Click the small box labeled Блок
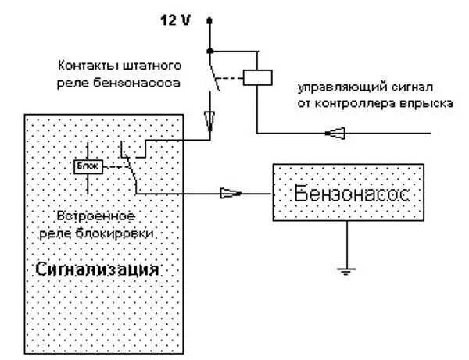(x=84, y=166)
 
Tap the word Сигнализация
(x=98, y=269)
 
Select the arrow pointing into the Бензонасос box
(x=231, y=192)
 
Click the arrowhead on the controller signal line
(x=335, y=134)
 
